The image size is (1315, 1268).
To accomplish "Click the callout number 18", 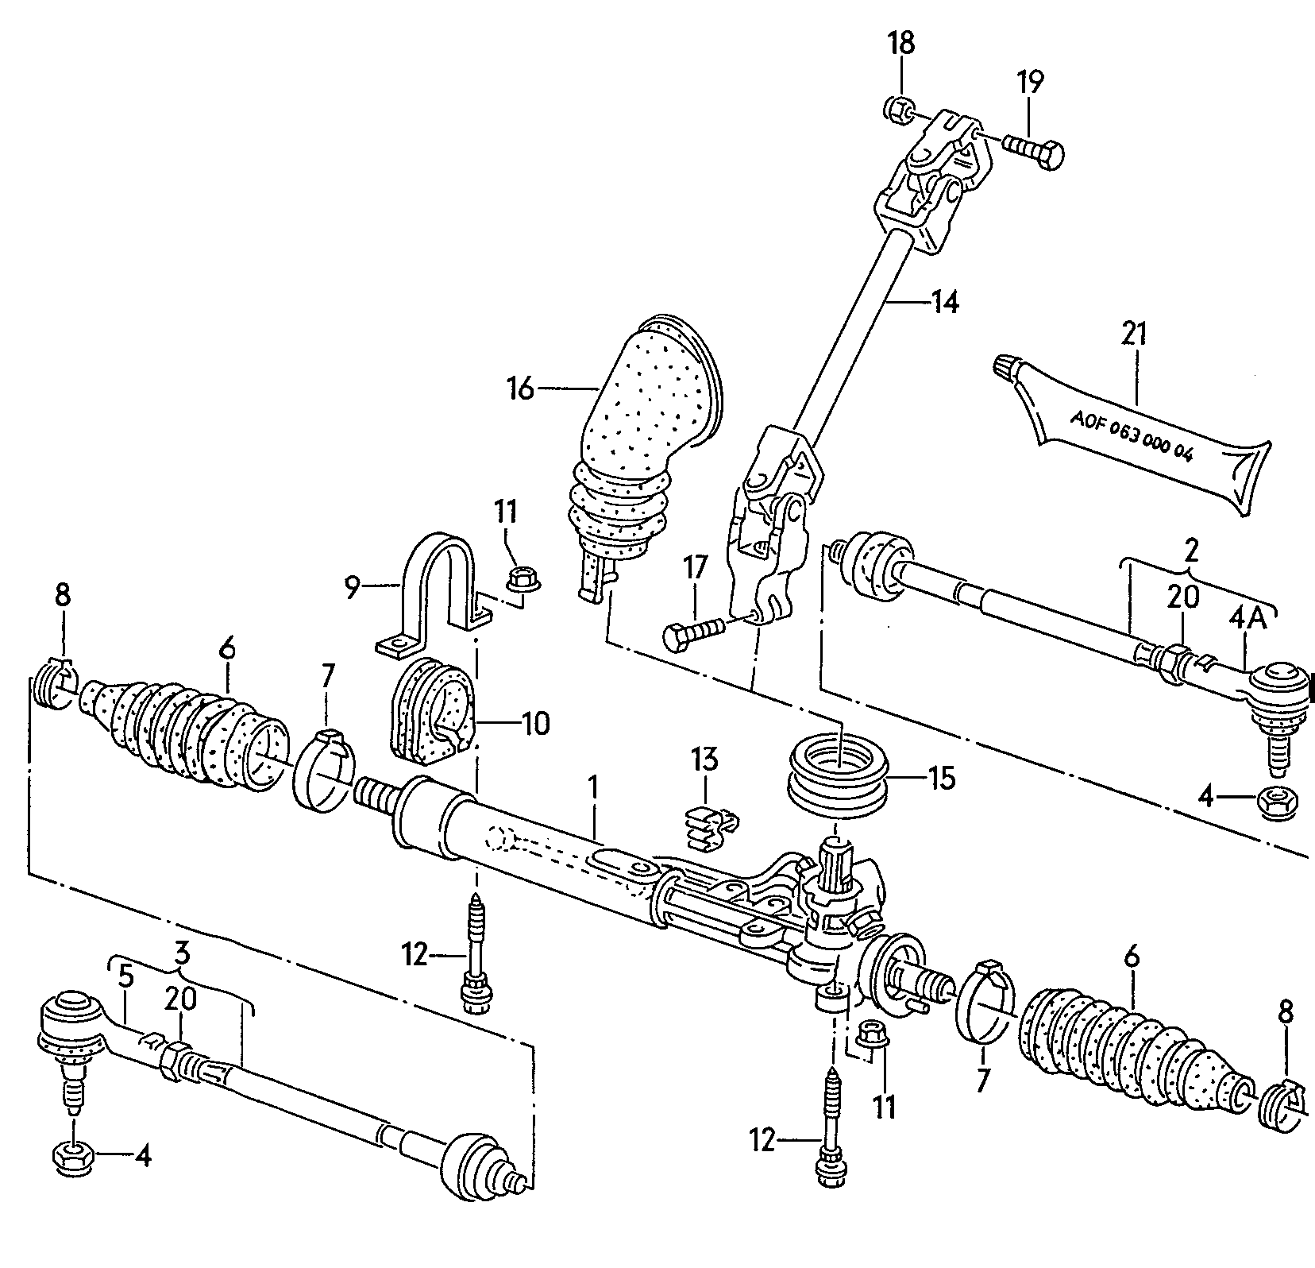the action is (x=901, y=43).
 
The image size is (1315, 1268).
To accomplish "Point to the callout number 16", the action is (x=522, y=389).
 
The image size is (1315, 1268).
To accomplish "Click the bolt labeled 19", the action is (x=1032, y=150).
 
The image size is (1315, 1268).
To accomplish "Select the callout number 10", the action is (x=535, y=725).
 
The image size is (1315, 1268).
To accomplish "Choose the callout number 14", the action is (x=944, y=303).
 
